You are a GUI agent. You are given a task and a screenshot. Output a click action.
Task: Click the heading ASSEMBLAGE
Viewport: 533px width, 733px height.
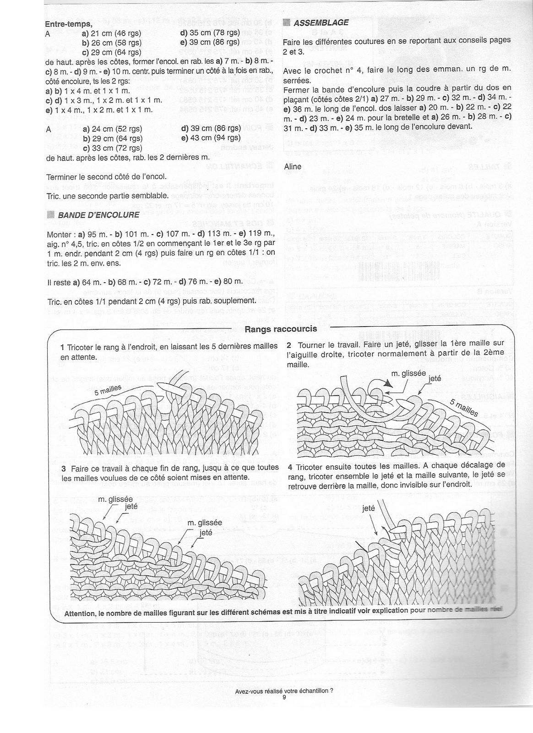coord(321,22)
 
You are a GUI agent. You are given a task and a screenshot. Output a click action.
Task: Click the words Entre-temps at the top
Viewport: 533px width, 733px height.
coord(69,24)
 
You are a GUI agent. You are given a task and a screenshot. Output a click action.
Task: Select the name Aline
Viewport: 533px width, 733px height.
coord(293,166)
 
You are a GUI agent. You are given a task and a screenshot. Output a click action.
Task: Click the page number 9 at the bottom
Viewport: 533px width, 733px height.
coord(284,697)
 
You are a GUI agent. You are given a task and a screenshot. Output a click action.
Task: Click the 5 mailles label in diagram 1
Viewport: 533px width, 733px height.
coord(108,391)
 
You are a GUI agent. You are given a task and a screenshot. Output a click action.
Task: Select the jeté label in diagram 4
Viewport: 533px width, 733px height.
coord(368,508)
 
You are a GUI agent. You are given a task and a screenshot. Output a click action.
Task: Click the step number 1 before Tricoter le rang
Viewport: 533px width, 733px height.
coord(63,346)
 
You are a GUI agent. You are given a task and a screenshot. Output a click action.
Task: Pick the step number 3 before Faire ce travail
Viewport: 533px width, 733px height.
coord(63,467)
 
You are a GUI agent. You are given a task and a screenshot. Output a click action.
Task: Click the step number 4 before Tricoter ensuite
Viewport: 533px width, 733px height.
coord(291,467)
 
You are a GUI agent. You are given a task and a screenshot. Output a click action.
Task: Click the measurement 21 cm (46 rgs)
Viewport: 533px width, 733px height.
coord(112,33)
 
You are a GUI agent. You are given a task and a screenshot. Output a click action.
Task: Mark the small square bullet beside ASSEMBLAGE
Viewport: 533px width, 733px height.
coord(287,22)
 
